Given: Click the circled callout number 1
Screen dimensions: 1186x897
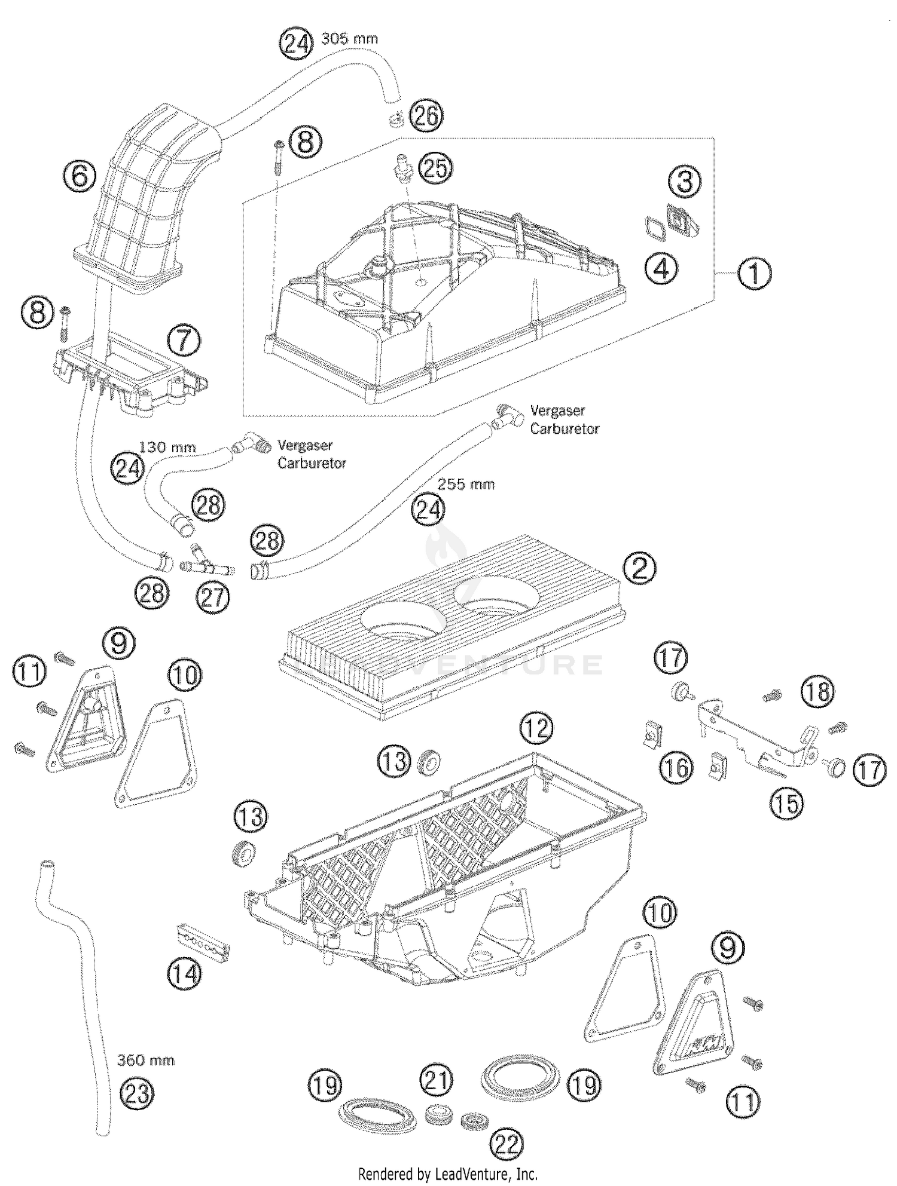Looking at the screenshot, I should pyautogui.click(x=754, y=274).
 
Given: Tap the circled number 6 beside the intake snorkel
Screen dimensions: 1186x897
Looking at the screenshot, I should pyautogui.click(x=80, y=176).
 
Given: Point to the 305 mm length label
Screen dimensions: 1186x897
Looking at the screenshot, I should pyautogui.click(x=350, y=39).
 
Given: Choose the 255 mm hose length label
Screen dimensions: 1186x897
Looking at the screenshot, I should pyautogui.click(x=466, y=485).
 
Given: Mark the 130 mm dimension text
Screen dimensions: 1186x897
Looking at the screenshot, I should pyautogui.click(x=167, y=447).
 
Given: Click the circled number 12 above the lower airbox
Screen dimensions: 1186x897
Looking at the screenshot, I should pyautogui.click(x=536, y=728).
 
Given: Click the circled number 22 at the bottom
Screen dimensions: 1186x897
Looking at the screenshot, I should pyautogui.click(x=507, y=1144).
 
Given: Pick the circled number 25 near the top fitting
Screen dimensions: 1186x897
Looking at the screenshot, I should pyautogui.click(x=436, y=168).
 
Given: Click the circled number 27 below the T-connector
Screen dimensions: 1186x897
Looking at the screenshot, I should pyautogui.click(x=213, y=597).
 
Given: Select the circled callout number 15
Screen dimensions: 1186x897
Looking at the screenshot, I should pyautogui.click(x=787, y=804).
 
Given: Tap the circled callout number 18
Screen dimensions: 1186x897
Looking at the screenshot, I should pyautogui.click(x=817, y=692).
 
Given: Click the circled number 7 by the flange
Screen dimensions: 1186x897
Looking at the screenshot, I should pyautogui.click(x=184, y=341).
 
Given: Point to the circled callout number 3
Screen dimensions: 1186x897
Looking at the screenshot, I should pyautogui.click(x=685, y=181).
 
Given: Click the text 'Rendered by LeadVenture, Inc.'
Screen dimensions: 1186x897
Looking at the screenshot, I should pyautogui.click(x=447, y=1174).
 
